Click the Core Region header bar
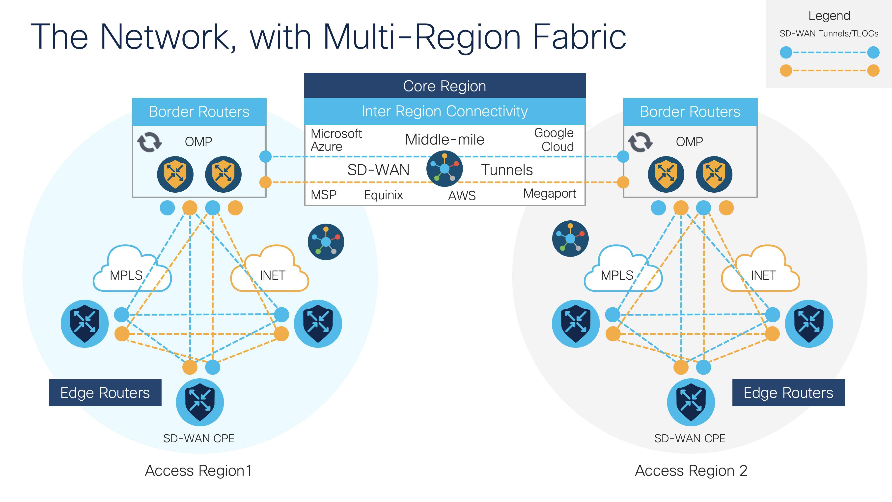coord(445,86)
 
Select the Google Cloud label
coord(554,140)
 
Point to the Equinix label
coord(383,195)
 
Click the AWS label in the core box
coord(462,196)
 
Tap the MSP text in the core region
coord(323,195)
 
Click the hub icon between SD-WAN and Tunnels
coord(444,169)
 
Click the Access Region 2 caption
coord(691,471)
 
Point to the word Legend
coord(829,16)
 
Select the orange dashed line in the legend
coord(829,70)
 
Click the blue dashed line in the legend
coord(829,52)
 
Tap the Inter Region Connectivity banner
coord(445,111)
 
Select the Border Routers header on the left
coord(199,112)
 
